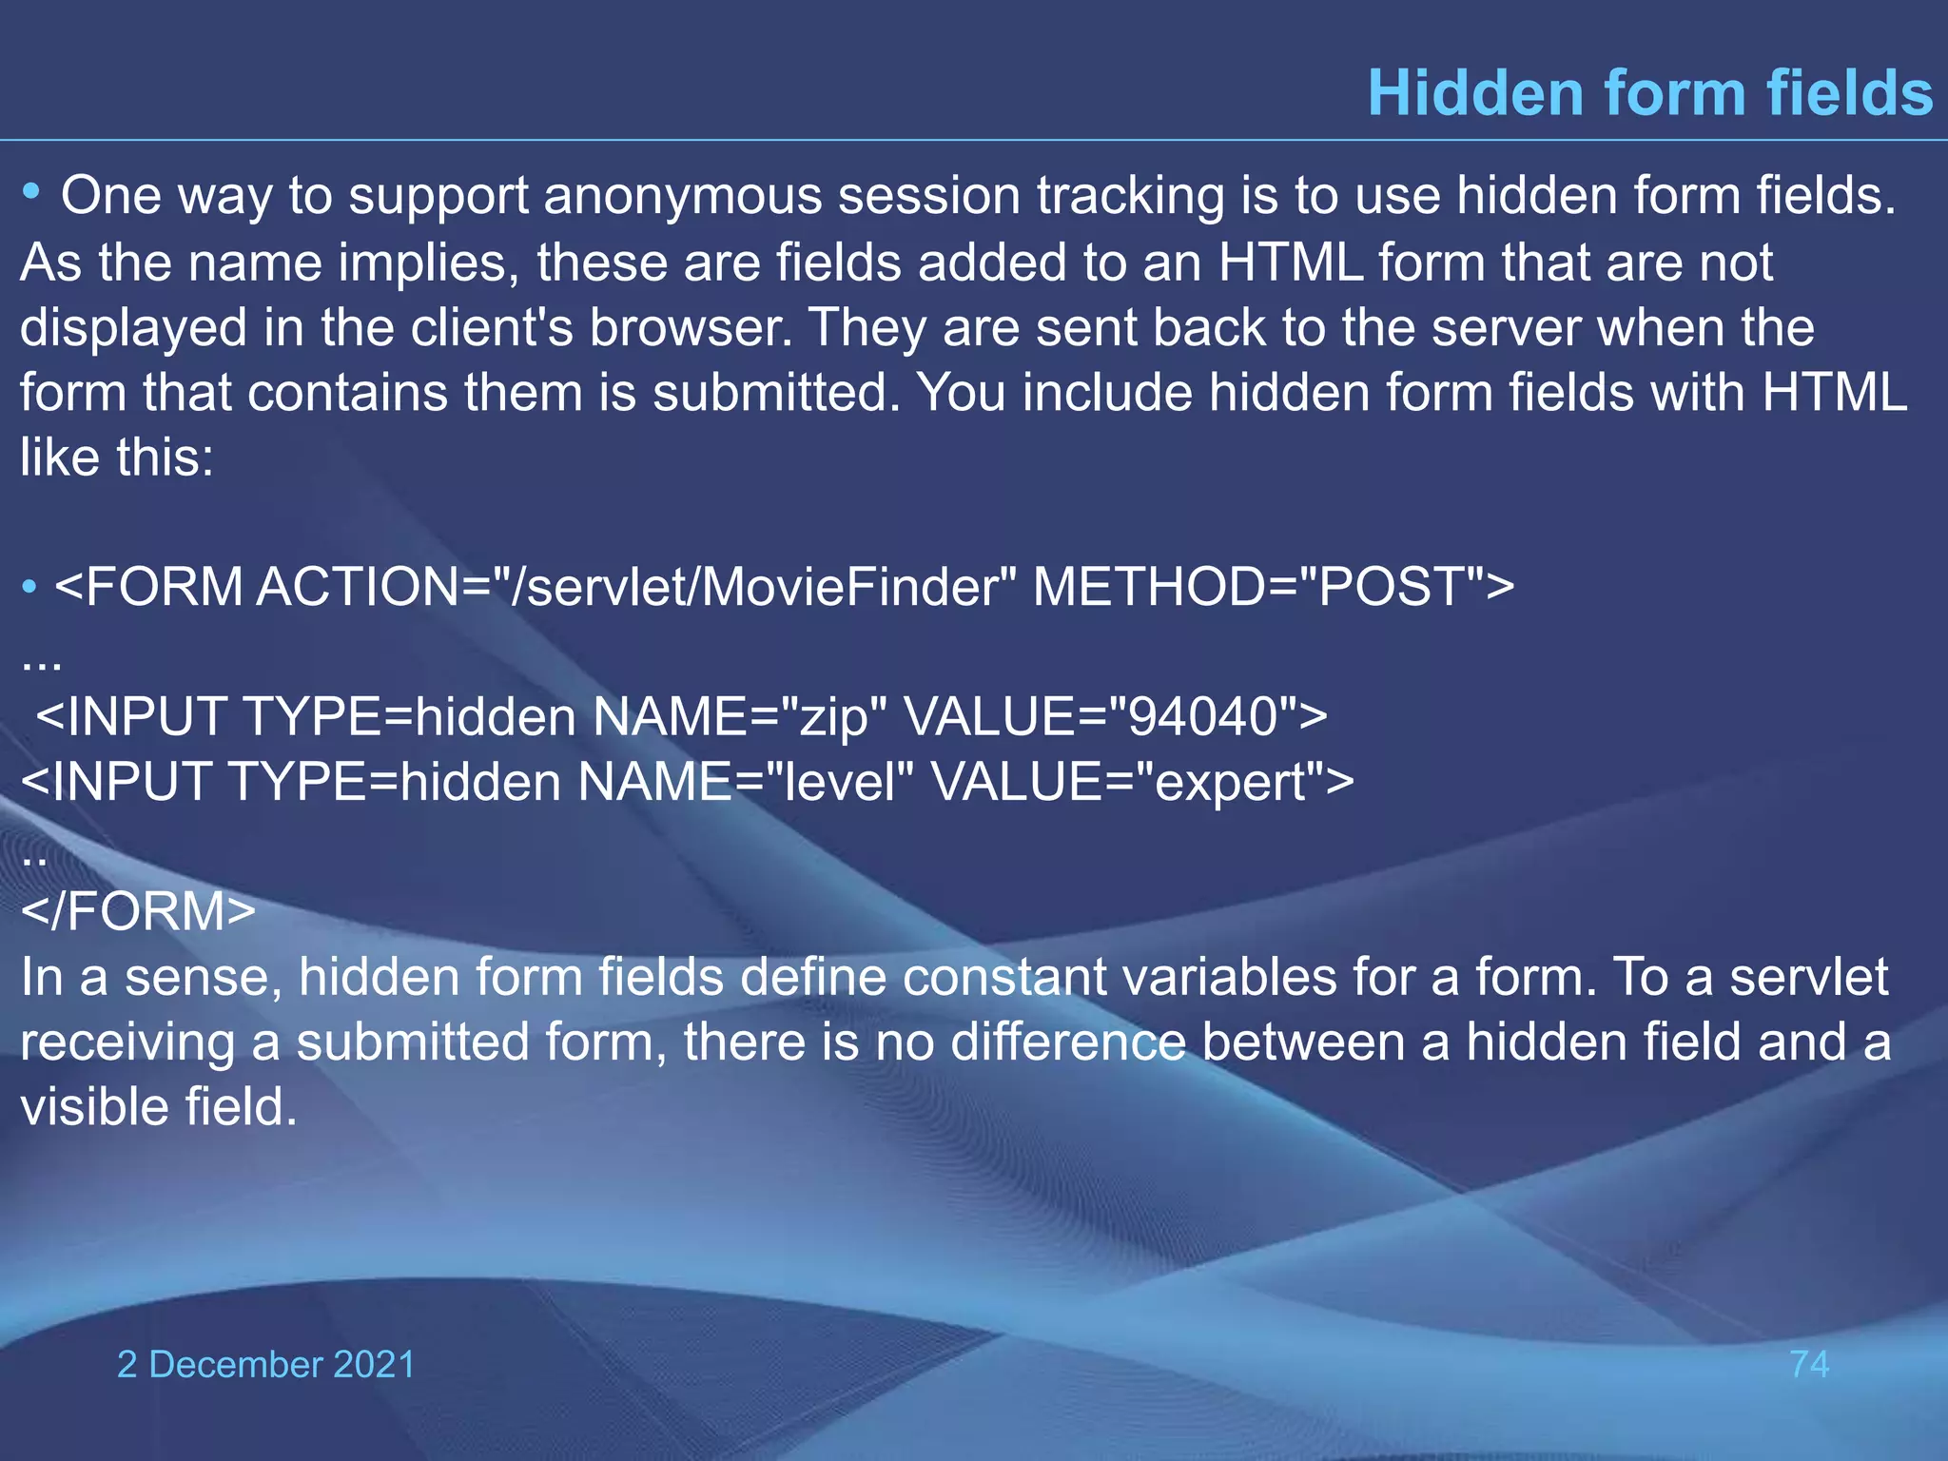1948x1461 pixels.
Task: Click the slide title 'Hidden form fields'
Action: (x=1649, y=93)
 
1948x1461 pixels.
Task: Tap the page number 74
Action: (x=1809, y=1364)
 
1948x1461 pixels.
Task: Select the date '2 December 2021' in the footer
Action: (x=266, y=1364)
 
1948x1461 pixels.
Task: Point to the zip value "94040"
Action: (x=1200, y=716)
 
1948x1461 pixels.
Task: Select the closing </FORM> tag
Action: (x=139, y=911)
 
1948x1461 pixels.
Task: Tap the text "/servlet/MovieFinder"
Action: (x=764, y=587)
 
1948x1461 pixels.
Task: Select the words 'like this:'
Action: (x=117, y=458)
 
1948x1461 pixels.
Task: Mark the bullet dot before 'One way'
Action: (x=31, y=193)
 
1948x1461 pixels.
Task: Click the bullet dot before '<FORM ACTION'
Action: (x=30, y=587)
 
